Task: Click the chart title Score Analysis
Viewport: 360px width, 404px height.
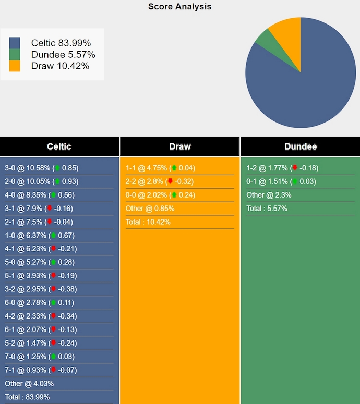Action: pos(179,7)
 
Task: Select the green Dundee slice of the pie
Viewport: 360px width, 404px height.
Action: pos(264,39)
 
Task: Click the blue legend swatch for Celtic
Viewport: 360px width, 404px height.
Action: pos(15,43)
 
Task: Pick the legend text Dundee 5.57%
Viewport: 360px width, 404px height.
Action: pos(63,54)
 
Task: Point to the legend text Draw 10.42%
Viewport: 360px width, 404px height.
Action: pos(60,66)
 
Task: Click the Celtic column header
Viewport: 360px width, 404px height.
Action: pos(59,146)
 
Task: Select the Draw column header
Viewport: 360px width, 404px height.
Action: pos(180,146)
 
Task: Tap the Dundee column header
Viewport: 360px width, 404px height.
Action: pos(300,146)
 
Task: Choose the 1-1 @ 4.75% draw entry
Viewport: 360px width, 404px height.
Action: pos(160,168)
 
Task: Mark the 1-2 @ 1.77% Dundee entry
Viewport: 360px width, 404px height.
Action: pos(282,168)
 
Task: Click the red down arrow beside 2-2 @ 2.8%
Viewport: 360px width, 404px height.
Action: pos(171,181)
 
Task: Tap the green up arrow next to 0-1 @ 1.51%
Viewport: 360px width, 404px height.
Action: pos(295,181)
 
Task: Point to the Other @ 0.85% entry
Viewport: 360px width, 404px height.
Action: pos(150,209)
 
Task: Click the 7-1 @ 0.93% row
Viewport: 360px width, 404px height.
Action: pos(41,370)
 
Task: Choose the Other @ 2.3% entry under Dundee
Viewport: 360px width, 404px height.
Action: pos(269,195)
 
